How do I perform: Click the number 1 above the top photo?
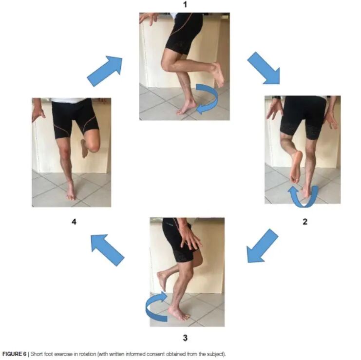(x=185, y=4)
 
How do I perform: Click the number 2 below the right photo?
(x=305, y=222)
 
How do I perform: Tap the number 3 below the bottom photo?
(x=185, y=338)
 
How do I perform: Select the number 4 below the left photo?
(x=74, y=222)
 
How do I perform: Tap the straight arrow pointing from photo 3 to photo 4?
(x=107, y=250)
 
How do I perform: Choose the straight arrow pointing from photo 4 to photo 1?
(x=105, y=71)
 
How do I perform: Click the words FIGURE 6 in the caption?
(x=14, y=354)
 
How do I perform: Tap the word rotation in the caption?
(x=86, y=354)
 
